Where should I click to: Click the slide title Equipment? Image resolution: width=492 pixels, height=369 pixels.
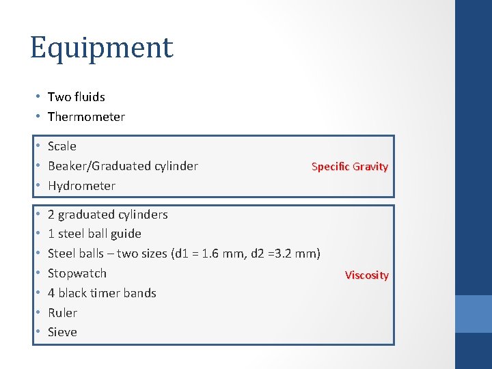tap(101, 48)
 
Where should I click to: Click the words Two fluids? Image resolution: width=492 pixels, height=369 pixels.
tap(76, 97)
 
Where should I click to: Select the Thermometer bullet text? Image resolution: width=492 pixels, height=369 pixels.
tap(86, 117)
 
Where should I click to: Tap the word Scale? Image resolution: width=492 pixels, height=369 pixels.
tap(62, 146)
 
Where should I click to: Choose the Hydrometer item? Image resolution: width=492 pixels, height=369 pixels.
tap(81, 186)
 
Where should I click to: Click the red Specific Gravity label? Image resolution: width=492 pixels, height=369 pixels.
tap(349, 166)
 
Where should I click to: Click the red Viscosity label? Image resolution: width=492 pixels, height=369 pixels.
tap(366, 275)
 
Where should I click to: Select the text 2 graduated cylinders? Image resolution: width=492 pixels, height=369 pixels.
tap(107, 215)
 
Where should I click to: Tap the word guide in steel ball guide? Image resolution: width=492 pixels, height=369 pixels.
tap(126, 234)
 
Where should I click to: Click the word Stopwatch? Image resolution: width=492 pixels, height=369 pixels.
tap(77, 273)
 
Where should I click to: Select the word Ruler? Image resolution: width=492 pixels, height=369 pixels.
tap(62, 313)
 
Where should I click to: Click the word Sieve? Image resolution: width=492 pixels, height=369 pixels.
tap(62, 332)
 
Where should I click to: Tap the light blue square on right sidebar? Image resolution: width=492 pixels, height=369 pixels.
tap(474, 314)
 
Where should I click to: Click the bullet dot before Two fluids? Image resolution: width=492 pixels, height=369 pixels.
tap(39, 97)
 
